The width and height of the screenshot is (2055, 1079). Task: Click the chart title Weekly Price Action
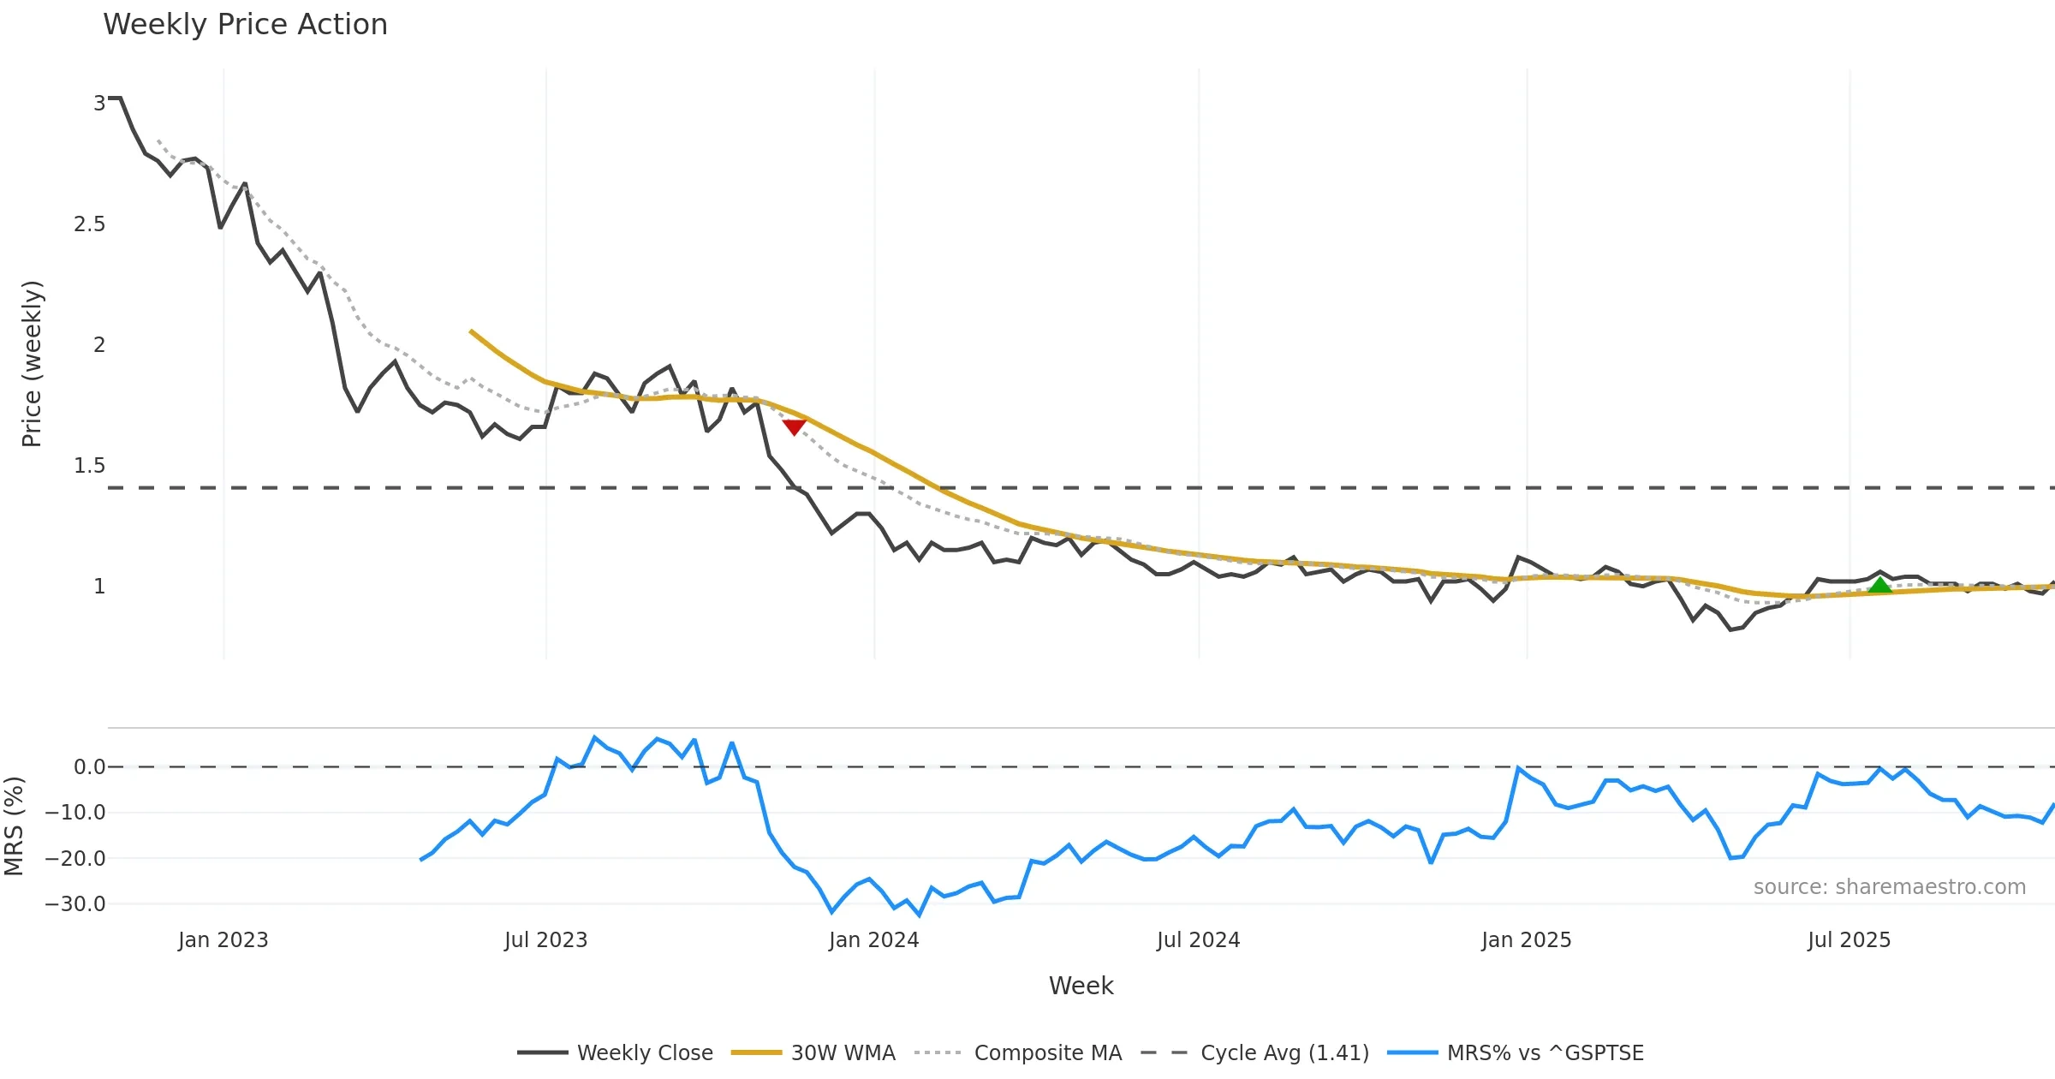point(245,25)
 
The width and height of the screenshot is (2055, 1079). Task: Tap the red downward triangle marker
point(794,426)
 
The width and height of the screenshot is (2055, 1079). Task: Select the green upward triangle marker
point(1879,586)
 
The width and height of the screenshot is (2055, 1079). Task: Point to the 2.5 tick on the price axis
point(90,224)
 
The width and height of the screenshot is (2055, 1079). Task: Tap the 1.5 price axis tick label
point(90,466)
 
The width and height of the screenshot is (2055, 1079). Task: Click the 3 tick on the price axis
point(99,104)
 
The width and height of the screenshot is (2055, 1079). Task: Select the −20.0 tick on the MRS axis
point(76,858)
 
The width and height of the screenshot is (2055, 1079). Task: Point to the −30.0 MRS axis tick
point(76,903)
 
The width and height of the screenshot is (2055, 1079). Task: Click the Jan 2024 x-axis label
point(873,940)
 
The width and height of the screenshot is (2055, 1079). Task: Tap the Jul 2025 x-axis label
point(1849,940)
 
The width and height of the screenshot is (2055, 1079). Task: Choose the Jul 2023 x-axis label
point(545,940)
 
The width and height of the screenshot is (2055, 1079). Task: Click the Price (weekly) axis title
point(32,364)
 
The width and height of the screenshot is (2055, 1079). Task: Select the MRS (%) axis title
point(14,826)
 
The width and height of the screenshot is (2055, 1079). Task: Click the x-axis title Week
point(1081,986)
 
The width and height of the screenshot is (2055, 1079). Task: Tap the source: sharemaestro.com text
point(1889,886)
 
